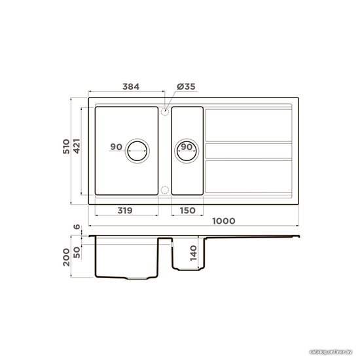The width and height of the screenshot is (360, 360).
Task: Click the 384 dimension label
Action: [x=131, y=87]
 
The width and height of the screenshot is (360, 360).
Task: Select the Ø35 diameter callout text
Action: [x=186, y=86]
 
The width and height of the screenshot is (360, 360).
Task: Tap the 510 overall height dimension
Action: [x=66, y=146]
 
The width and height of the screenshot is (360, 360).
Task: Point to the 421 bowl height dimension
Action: [x=77, y=146]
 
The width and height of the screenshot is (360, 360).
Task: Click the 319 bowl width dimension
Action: [x=125, y=211]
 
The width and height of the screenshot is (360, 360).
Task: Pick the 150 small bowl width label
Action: [x=188, y=211]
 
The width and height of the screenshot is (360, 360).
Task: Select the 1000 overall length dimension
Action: [x=224, y=221]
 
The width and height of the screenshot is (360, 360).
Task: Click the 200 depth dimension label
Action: [x=66, y=257]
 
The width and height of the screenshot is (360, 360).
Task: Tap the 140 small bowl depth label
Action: [x=194, y=253]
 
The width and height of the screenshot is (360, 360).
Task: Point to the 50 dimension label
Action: [x=77, y=252]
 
